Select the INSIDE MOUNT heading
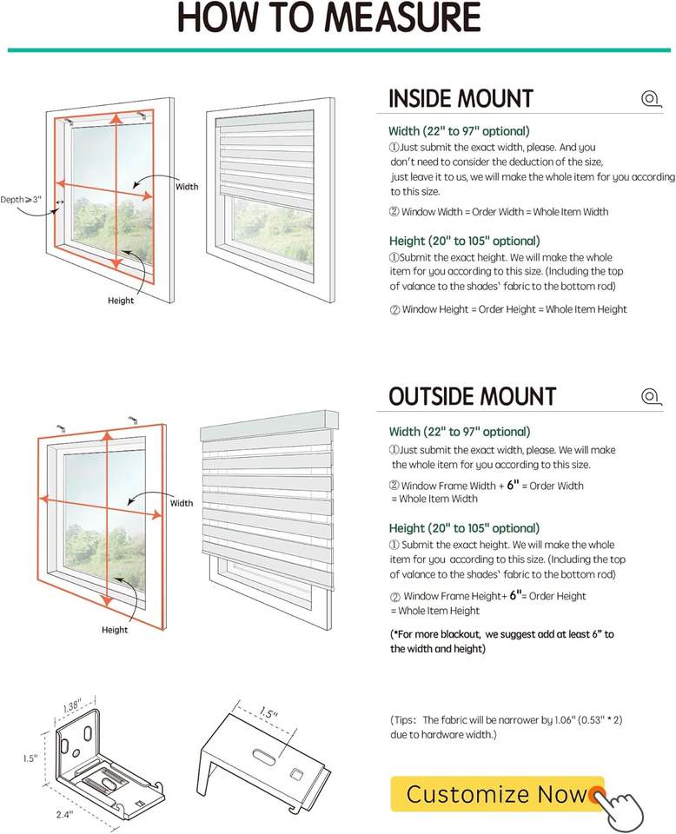461,99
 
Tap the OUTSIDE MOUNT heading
472,397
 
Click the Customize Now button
497,793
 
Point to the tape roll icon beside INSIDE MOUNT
650,98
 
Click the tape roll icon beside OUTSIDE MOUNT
650,397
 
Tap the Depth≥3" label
21,200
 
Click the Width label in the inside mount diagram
187,187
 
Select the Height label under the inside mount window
121,301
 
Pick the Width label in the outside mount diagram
182,503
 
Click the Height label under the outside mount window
115,630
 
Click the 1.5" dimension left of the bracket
29,758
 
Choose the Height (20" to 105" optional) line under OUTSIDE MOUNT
464,528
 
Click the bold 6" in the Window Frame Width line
514,485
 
